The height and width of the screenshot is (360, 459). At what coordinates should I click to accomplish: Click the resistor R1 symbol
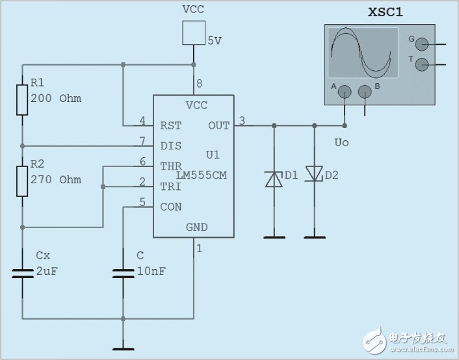click(x=22, y=97)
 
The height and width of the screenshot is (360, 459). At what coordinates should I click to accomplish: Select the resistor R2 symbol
click(x=22, y=182)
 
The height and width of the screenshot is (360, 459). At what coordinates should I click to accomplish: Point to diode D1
click(x=274, y=178)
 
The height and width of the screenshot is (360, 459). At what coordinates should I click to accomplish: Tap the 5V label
click(x=215, y=40)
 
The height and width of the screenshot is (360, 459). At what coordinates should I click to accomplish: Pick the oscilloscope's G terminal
click(x=422, y=44)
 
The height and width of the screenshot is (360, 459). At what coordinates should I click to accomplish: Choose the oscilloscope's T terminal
click(x=422, y=64)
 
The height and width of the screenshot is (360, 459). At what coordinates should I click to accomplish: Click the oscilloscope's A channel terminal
click(x=344, y=92)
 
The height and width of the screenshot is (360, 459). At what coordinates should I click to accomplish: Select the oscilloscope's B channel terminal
click(x=365, y=92)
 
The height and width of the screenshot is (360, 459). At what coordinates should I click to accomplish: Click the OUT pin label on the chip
click(x=218, y=125)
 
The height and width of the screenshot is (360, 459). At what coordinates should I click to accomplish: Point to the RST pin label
click(x=170, y=125)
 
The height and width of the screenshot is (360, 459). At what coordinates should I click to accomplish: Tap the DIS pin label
click(x=170, y=146)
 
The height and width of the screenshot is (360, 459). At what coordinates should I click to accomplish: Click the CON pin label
click(x=170, y=207)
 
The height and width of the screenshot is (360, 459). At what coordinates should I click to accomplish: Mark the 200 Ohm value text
click(x=56, y=99)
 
